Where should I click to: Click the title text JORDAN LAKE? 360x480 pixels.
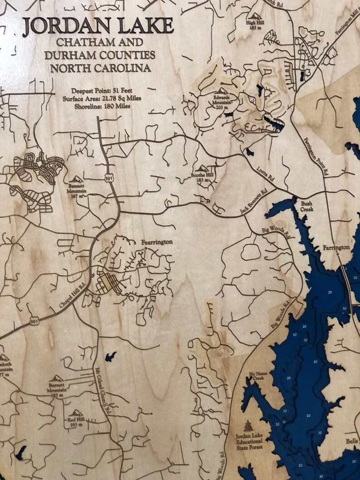click(97, 27)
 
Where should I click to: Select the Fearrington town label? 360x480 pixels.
click(156, 242)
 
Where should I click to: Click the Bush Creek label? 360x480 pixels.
click(306, 207)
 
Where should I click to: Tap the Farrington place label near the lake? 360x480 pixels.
click(336, 247)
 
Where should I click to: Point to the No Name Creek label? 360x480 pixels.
click(257, 376)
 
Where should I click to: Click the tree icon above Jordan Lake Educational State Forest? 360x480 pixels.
click(248, 427)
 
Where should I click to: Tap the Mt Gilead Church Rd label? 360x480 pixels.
click(103, 390)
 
